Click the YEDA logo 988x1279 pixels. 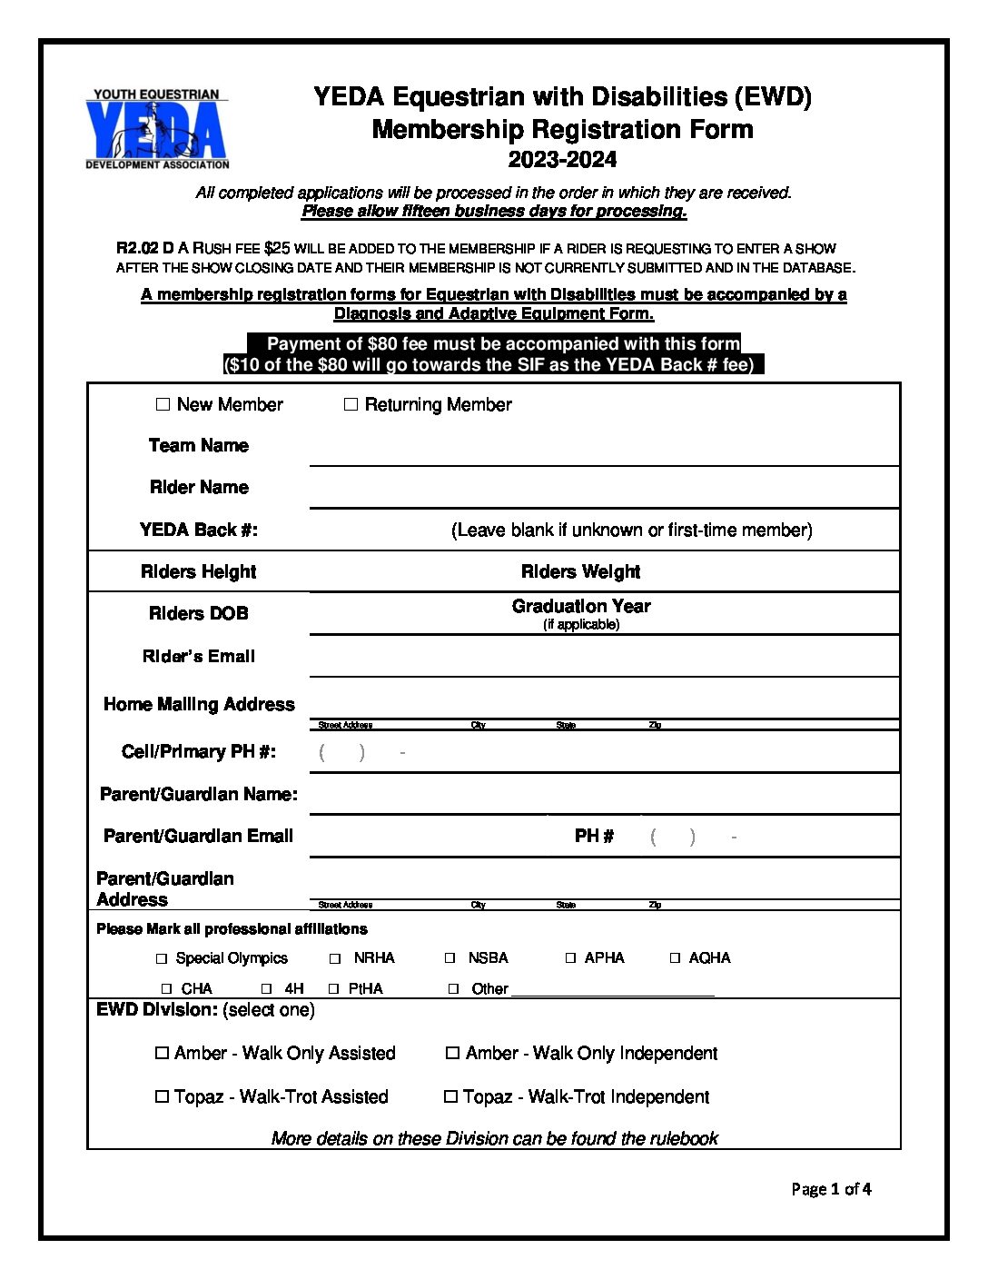pyautogui.click(x=157, y=129)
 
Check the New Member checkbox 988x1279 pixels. pyautogui.click(x=163, y=404)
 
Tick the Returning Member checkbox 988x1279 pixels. pyautogui.click(x=351, y=404)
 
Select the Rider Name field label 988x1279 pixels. pyautogui.click(x=199, y=488)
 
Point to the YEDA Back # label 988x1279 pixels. pyautogui.click(x=199, y=530)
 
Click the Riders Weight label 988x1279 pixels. pyautogui.click(x=580, y=571)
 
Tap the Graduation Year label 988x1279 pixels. pyautogui.click(x=581, y=606)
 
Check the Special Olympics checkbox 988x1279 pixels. pyautogui.click(x=162, y=958)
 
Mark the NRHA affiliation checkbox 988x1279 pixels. pyautogui.click(x=335, y=958)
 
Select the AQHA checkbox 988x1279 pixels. pyautogui.click(x=675, y=957)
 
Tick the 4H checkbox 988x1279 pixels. pyautogui.click(x=266, y=988)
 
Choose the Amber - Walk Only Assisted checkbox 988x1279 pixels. pyautogui.click(x=162, y=1053)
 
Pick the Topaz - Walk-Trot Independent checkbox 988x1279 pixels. pyautogui.click(x=450, y=1096)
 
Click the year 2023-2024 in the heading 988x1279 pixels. pyautogui.click(x=562, y=160)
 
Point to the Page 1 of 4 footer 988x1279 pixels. pyautogui.click(x=831, y=1189)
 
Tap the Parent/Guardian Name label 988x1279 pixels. pyautogui.click(x=199, y=794)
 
